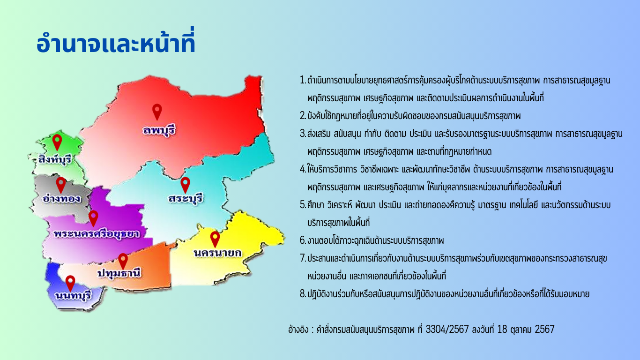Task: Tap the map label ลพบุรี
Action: coord(159,130)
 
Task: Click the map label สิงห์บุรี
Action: coord(55,159)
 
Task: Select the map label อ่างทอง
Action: coord(61,198)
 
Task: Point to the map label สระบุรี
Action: coord(186,198)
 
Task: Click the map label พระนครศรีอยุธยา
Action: coord(97,233)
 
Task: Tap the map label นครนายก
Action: coord(217,253)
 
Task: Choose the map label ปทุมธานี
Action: coord(119,273)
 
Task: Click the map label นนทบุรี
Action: coord(74,295)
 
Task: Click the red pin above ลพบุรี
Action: coord(157,112)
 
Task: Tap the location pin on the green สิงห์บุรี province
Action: coord(57,142)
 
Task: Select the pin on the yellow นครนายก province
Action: coord(215,240)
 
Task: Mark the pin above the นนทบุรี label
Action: coord(70,284)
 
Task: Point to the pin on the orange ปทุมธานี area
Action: coord(123,261)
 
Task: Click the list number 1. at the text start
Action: coord(303,80)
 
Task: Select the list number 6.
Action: coord(303,240)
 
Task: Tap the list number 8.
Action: coord(303,293)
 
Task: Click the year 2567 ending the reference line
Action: coord(544,329)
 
